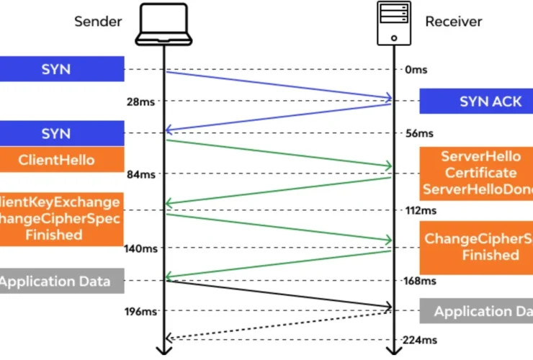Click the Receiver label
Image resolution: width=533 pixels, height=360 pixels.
click(453, 22)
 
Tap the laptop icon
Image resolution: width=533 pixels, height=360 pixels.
click(165, 22)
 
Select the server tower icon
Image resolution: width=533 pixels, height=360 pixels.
click(393, 22)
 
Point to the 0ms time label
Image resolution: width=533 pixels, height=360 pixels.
click(417, 69)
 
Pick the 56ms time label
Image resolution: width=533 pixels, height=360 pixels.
click(419, 133)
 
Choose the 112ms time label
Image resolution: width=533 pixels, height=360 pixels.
click(421, 211)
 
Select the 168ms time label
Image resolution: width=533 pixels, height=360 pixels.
click(421, 281)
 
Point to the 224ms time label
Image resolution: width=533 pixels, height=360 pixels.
click(421, 340)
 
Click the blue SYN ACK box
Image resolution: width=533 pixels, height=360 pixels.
click(476, 102)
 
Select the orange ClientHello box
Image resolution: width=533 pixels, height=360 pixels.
click(62, 160)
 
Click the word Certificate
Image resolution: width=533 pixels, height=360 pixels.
click(480, 173)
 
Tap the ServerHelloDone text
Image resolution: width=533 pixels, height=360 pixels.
click(478, 189)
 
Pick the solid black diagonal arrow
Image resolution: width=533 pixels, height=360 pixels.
click(279, 294)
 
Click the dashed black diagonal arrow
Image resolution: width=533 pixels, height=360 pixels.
click(279, 325)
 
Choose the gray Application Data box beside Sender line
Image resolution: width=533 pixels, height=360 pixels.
click(62, 281)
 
